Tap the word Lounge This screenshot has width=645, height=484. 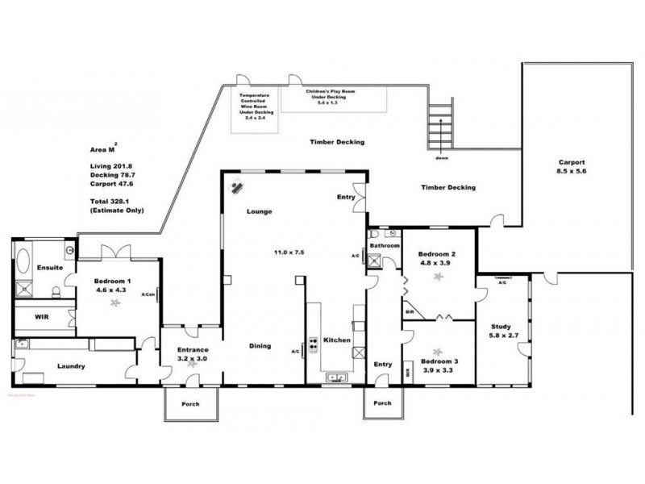pyautogui.click(x=259, y=211)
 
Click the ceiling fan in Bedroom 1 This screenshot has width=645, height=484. pyautogui.click(x=115, y=302)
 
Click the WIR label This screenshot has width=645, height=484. pyautogui.click(x=42, y=318)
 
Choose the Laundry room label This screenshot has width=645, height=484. pyautogui.click(x=71, y=365)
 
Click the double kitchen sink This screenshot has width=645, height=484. pyautogui.click(x=335, y=377)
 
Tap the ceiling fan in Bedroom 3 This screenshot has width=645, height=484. pyautogui.click(x=438, y=352)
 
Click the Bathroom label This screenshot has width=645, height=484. pyautogui.click(x=385, y=244)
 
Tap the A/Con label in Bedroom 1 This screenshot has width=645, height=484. pyautogui.click(x=149, y=294)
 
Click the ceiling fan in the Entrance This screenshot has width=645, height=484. pyautogui.click(x=191, y=364)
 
